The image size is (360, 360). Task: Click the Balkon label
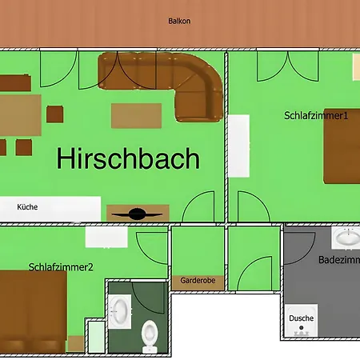tap(178, 22)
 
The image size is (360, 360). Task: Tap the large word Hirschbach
tap(128, 158)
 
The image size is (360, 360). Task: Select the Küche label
tap(27, 206)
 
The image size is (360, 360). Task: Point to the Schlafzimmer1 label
tap(317, 115)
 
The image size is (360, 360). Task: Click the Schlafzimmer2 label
tap(61, 267)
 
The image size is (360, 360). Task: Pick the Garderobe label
tap(198, 282)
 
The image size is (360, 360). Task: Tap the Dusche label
tap(302, 318)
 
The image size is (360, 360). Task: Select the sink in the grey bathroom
tap(346, 238)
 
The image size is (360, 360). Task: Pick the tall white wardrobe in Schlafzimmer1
tap(240, 146)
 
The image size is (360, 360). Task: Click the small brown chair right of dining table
tap(55, 114)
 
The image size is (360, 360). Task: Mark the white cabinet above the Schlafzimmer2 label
tap(106, 237)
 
